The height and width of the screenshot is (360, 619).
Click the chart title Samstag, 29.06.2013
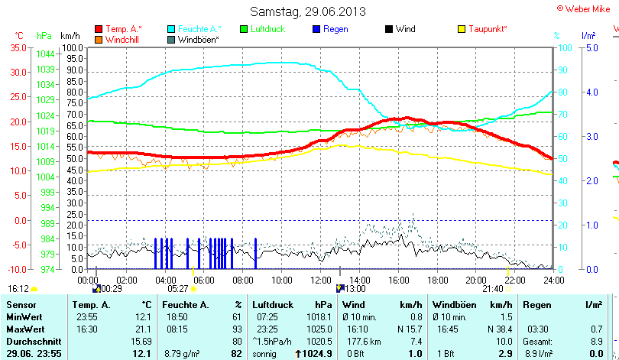(309, 11)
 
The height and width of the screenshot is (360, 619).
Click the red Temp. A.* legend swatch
(99, 29)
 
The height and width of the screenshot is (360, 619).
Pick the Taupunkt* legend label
(488, 29)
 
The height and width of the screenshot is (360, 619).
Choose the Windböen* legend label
(198, 39)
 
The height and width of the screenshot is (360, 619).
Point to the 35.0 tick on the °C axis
(16, 47)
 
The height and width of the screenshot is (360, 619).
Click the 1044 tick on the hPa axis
(45, 54)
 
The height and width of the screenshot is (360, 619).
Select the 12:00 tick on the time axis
(320, 280)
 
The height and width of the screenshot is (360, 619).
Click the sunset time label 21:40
(493, 288)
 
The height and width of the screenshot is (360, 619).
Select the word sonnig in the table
(265, 353)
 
